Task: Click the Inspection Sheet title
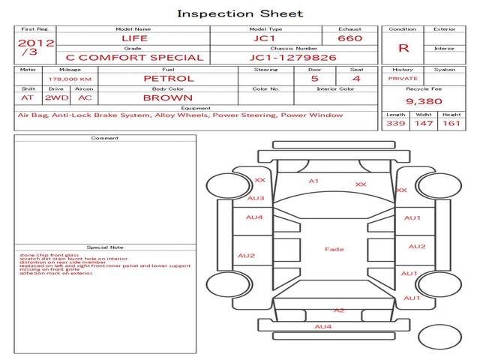(x=240, y=13)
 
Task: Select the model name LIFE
(x=135, y=38)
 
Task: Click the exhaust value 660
(x=349, y=38)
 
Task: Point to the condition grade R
(x=403, y=48)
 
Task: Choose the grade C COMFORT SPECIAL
(x=134, y=57)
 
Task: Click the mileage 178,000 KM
(x=70, y=79)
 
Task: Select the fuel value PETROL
(x=168, y=78)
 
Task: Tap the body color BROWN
(x=168, y=97)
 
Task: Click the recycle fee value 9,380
(x=424, y=100)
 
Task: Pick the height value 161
(x=451, y=123)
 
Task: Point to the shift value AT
(x=28, y=97)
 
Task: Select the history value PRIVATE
(x=403, y=78)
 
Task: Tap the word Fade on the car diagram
(x=334, y=249)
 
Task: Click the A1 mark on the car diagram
(x=313, y=181)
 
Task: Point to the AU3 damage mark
(x=256, y=199)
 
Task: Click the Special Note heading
(x=105, y=247)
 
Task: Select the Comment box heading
(x=105, y=138)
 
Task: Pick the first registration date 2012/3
(x=34, y=47)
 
